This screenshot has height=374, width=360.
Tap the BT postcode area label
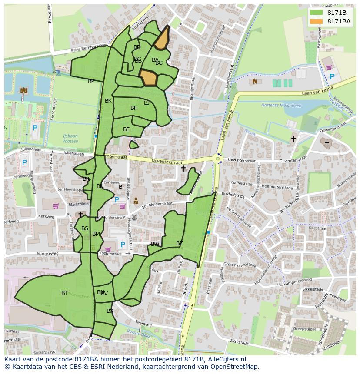coord(64,293)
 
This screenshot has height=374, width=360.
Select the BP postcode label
coord(91,81)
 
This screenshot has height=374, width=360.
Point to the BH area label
coord(134,108)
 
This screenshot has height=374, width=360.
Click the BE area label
coord(126,129)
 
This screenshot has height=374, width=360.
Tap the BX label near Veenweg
coord(110,311)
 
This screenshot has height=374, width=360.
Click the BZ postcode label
coord(180,243)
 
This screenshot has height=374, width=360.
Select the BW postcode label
coord(155,244)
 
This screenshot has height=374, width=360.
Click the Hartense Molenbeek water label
coord(280,105)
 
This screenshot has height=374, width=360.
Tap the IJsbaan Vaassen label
coord(70,139)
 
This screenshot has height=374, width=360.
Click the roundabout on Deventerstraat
coord(217,159)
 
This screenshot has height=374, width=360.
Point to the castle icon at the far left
coord(23,90)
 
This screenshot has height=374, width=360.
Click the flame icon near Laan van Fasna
coord(255,81)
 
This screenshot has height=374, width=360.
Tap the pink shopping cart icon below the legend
coord(329,67)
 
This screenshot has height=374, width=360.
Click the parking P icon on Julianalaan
coord(24,163)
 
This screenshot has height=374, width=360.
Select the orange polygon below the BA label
coord(148,78)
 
